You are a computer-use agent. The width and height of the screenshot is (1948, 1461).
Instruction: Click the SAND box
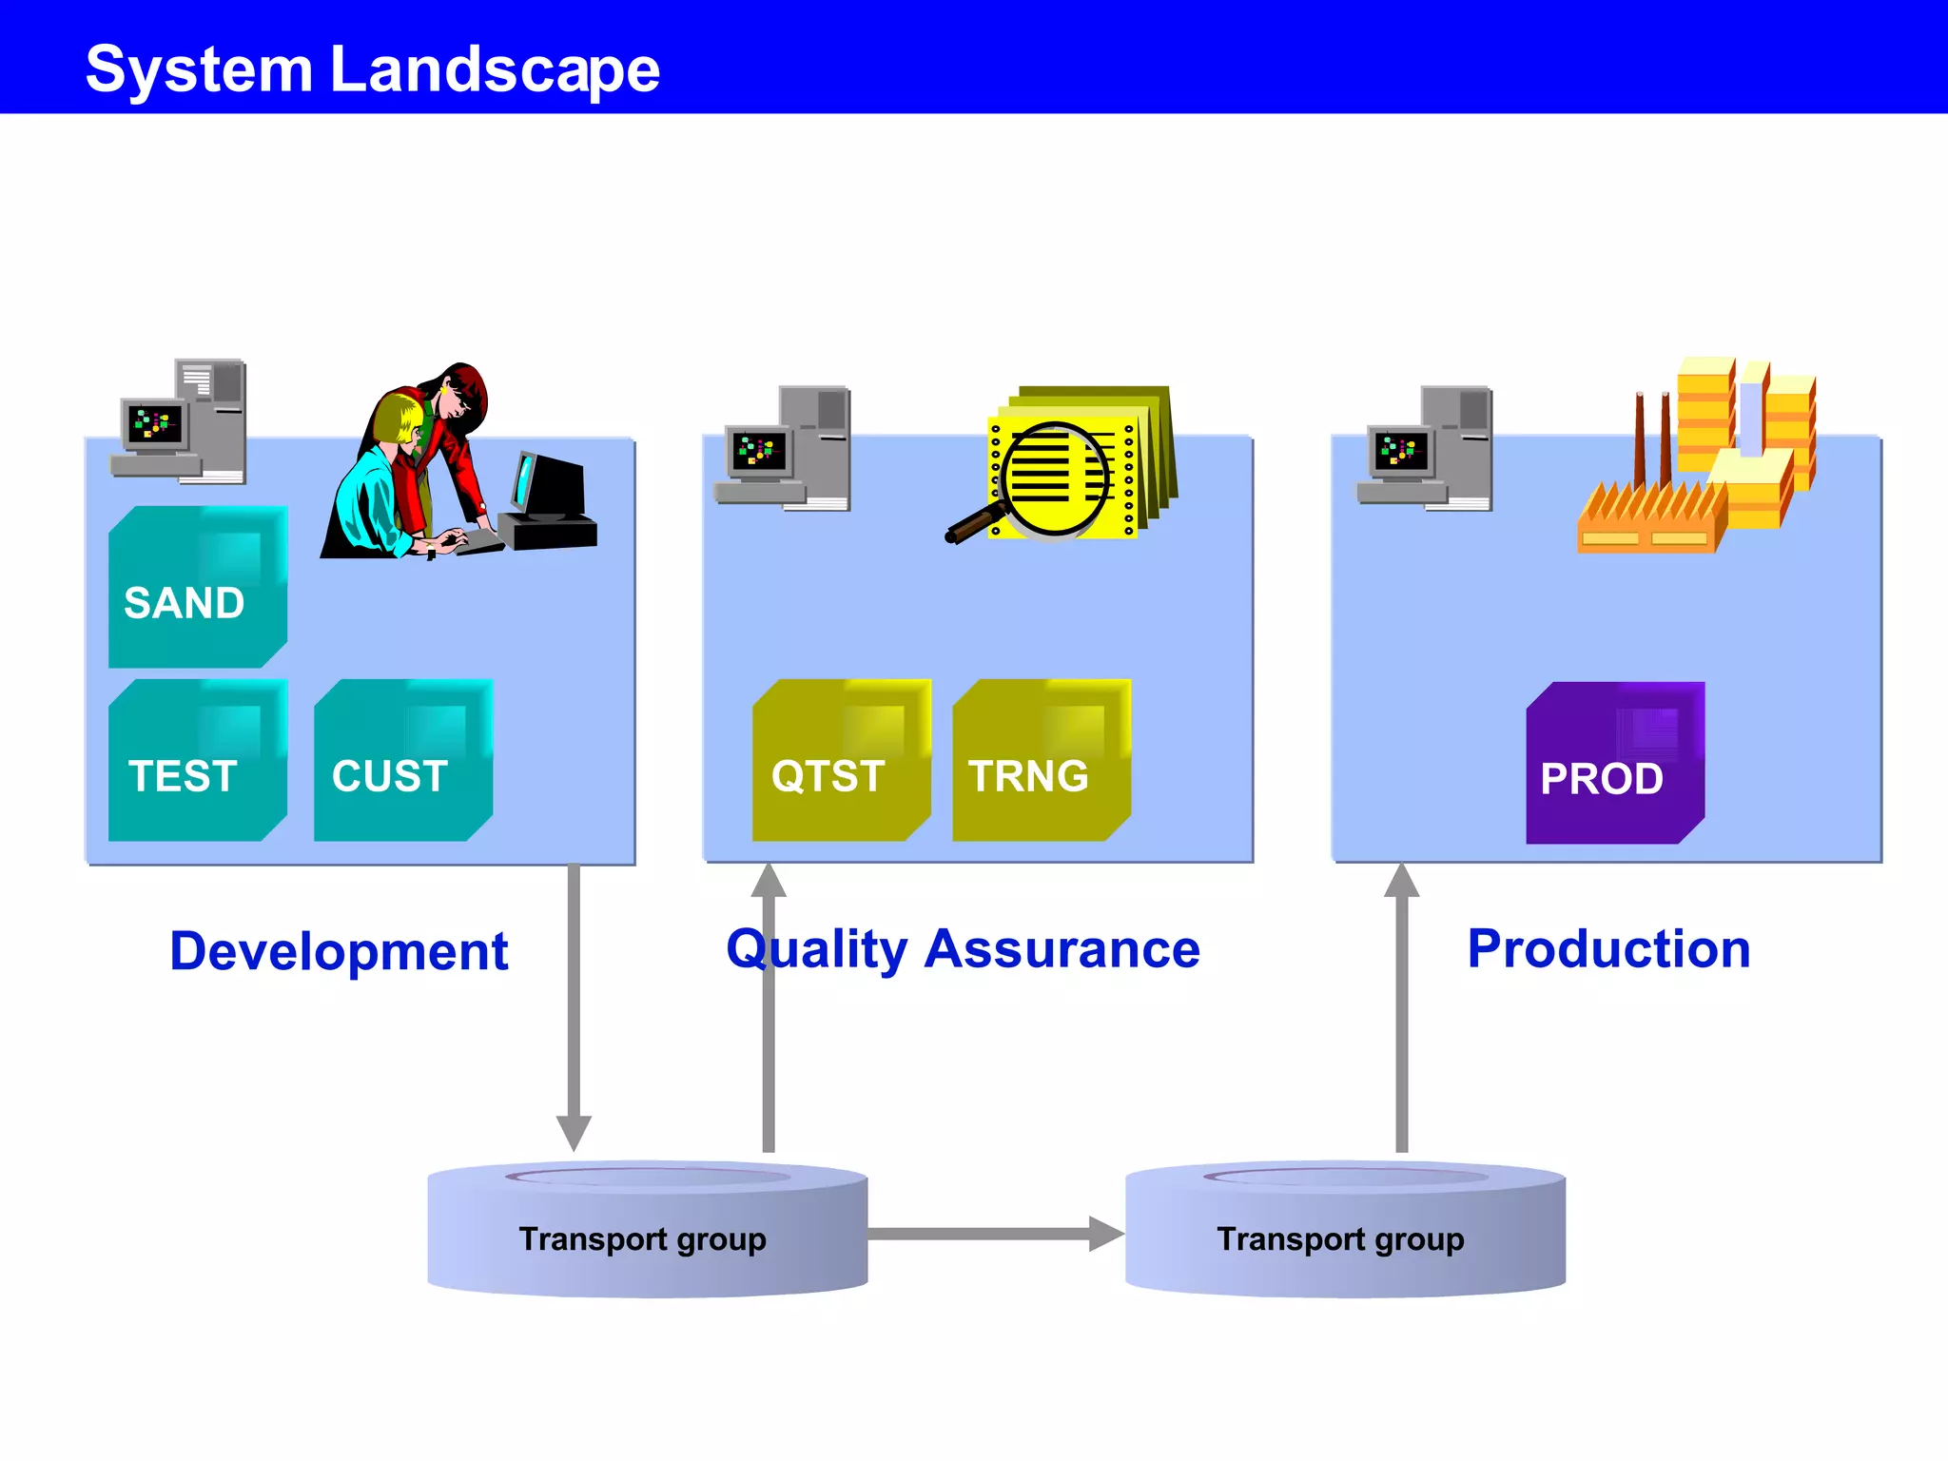pos(198,588)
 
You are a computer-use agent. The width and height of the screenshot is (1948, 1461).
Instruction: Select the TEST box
pos(198,761)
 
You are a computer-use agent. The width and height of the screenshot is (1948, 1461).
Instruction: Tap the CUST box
pos(403,761)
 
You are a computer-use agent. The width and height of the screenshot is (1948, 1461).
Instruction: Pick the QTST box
pos(841,761)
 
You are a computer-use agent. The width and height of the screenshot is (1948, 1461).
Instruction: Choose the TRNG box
pos(1041,761)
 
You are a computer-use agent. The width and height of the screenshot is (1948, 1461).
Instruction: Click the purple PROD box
pos(1614,764)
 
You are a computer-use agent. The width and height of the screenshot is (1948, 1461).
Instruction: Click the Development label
pos(339,951)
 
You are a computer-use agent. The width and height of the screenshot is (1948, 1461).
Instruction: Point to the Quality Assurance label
pos(963,949)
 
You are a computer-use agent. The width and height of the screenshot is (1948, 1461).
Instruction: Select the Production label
pos(1608,949)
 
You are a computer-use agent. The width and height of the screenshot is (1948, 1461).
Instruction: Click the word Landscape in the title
pos(495,69)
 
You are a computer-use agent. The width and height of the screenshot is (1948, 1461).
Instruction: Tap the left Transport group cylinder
pos(647,1232)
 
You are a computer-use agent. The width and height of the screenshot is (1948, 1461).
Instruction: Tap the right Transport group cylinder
pos(1344,1232)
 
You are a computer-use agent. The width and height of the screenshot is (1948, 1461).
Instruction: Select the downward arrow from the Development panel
pos(574,1008)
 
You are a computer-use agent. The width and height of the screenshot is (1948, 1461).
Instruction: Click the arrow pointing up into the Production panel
pos(1401,1008)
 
